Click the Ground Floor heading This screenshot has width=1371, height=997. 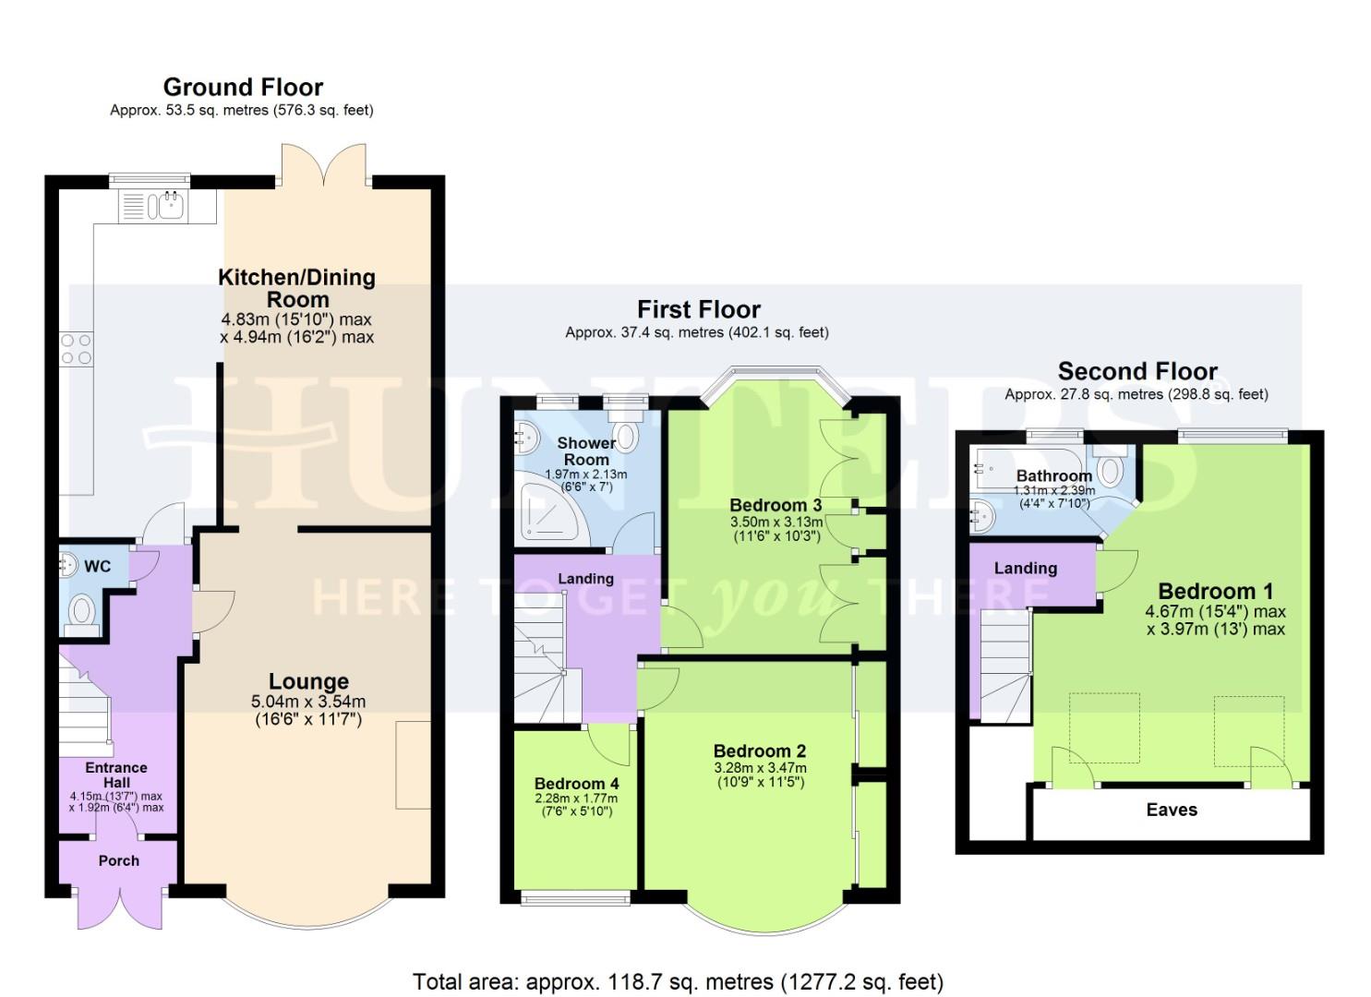(x=243, y=88)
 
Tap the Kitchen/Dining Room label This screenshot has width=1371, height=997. (x=297, y=288)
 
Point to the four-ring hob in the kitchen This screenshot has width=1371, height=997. (x=77, y=349)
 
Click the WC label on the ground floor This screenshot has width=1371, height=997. (x=97, y=566)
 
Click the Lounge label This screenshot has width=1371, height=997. (x=308, y=682)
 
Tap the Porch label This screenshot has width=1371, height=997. (x=119, y=860)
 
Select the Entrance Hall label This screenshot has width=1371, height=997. (x=116, y=775)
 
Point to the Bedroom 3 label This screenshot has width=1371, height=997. (x=776, y=505)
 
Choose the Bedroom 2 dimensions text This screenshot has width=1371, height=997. (x=760, y=775)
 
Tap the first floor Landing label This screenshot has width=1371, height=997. (x=585, y=579)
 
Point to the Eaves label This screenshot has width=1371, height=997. (x=1172, y=810)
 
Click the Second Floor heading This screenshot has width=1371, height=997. (x=1137, y=372)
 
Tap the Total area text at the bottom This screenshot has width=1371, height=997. (x=678, y=981)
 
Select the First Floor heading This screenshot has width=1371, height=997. (x=699, y=309)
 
